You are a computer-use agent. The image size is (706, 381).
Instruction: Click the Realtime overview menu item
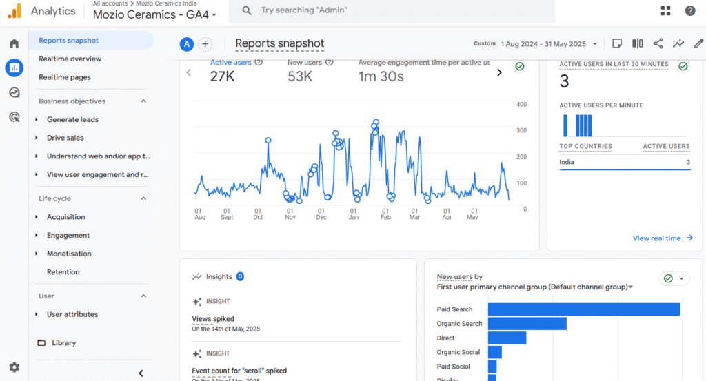pyautogui.click(x=70, y=59)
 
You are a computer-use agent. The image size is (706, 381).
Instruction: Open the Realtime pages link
pyautogui.click(x=65, y=77)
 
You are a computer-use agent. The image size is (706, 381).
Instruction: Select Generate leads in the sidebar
pyautogui.click(x=72, y=119)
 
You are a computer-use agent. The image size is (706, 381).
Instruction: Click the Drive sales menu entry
pyautogui.click(x=65, y=138)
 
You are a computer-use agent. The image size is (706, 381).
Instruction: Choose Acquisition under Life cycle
pyautogui.click(x=65, y=217)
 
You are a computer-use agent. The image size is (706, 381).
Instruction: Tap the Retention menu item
pyautogui.click(x=63, y=272)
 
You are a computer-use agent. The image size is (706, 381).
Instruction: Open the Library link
pyautogui.click(x=63, y=343)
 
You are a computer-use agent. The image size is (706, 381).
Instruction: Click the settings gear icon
pyautogui.click(x=14, y=367)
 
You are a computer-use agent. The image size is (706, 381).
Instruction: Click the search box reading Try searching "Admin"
pyautogui.click(x=393, y=11)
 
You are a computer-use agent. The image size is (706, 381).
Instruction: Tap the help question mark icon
pyautogui.click(x=689, y=11)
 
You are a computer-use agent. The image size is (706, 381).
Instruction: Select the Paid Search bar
pyautogui.click(x=584, y=309)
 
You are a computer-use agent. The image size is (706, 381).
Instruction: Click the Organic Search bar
pyautogui.click(x=527, y=324)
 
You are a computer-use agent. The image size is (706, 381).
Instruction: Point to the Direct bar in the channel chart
pyautogui.click(x=507, y=338)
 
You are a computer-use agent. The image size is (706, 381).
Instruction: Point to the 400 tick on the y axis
pyautogui.click(x=522, y=105)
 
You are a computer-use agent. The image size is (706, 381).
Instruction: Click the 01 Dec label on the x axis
pyautogui.click(x=321, y=214)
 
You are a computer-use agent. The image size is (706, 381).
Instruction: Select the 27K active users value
pyautogui.click(x=223, y=76)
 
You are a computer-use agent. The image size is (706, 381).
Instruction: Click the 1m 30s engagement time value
pyautogui.click(x=381, y=76)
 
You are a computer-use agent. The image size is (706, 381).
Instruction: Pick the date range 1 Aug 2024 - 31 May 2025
pyautogui.click(x=543, y=44)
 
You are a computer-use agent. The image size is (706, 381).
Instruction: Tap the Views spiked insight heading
pyautogui.click(x=213, y=319)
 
